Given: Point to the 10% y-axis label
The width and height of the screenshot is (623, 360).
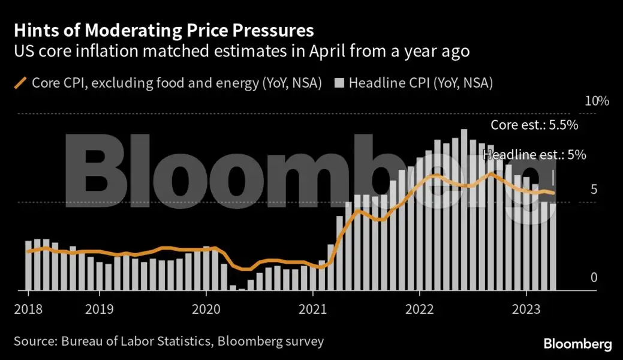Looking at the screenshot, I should click(597, 101).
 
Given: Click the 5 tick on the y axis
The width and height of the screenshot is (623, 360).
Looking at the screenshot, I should click(594, 190).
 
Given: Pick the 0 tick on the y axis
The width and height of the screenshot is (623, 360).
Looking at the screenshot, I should click(594, 277).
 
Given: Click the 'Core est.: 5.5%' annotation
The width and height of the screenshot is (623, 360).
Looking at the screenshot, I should click(534, 125).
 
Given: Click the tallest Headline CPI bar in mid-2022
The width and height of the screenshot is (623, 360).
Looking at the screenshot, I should click(464, 210).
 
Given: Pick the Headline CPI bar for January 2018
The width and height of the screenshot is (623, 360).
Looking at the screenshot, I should click(28, 265).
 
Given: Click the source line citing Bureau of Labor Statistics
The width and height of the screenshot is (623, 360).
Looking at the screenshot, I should click(168, 341).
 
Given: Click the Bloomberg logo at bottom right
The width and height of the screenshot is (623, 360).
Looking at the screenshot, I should click(577, 344).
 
